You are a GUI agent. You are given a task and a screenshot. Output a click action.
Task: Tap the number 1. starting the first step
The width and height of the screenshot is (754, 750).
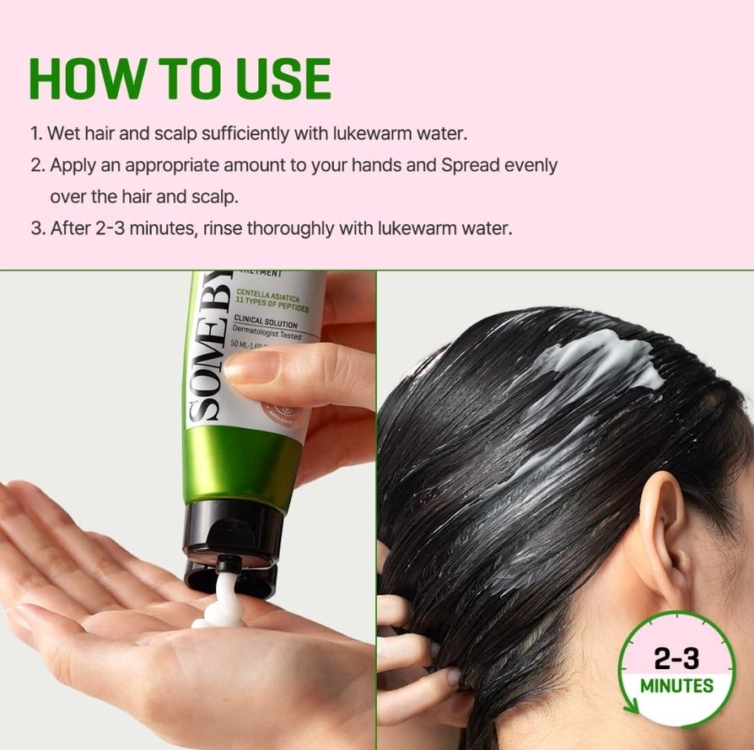(36, 133)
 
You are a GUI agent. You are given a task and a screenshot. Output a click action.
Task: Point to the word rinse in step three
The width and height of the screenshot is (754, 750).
(227, 228)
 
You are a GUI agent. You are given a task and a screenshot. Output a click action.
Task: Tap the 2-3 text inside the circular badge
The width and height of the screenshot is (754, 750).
(676, 657)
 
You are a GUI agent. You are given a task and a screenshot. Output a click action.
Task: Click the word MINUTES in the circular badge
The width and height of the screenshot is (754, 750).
(676, 684)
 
